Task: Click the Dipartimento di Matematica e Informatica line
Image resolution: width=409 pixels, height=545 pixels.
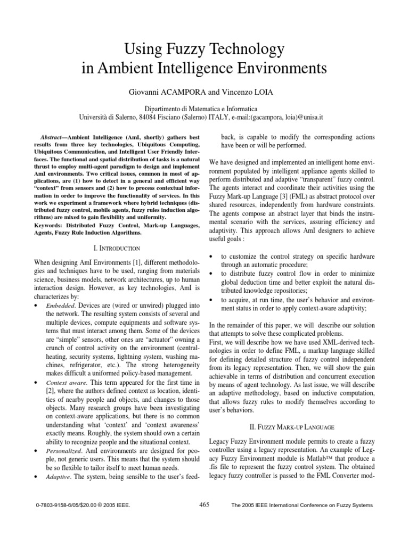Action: pyautogui.click(x=204, y=109)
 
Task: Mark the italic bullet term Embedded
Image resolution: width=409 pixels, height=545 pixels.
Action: pyautogui.click(x=59, y=307)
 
